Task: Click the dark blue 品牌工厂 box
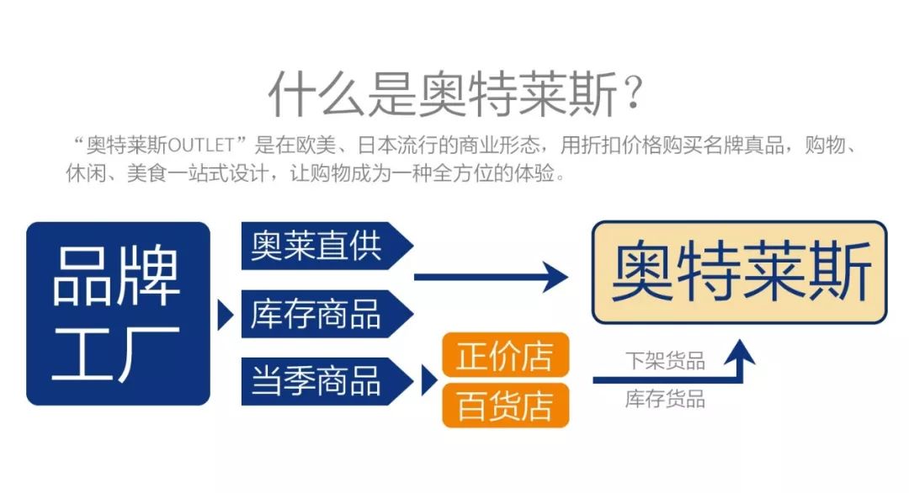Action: pyautogui.click(x=118, y=313)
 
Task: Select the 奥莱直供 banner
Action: pyautogui.click(x=320, y=246)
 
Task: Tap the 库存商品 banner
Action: pyautogui.click(x=320, y=314)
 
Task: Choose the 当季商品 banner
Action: pyautogui.click(x=320, y=380)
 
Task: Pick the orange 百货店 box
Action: pyautogui.click(x=506, y=406)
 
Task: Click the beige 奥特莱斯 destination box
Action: pyautogui.click(x=740, y=273)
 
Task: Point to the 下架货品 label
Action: pyautogui.click(x=664, y=362)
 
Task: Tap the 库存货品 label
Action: pyautogui.click(x=664, y=399)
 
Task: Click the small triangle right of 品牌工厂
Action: pyautogui.click(x=225, y=315)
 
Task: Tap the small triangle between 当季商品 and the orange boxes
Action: pyautogui.click(x=428, y=380)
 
